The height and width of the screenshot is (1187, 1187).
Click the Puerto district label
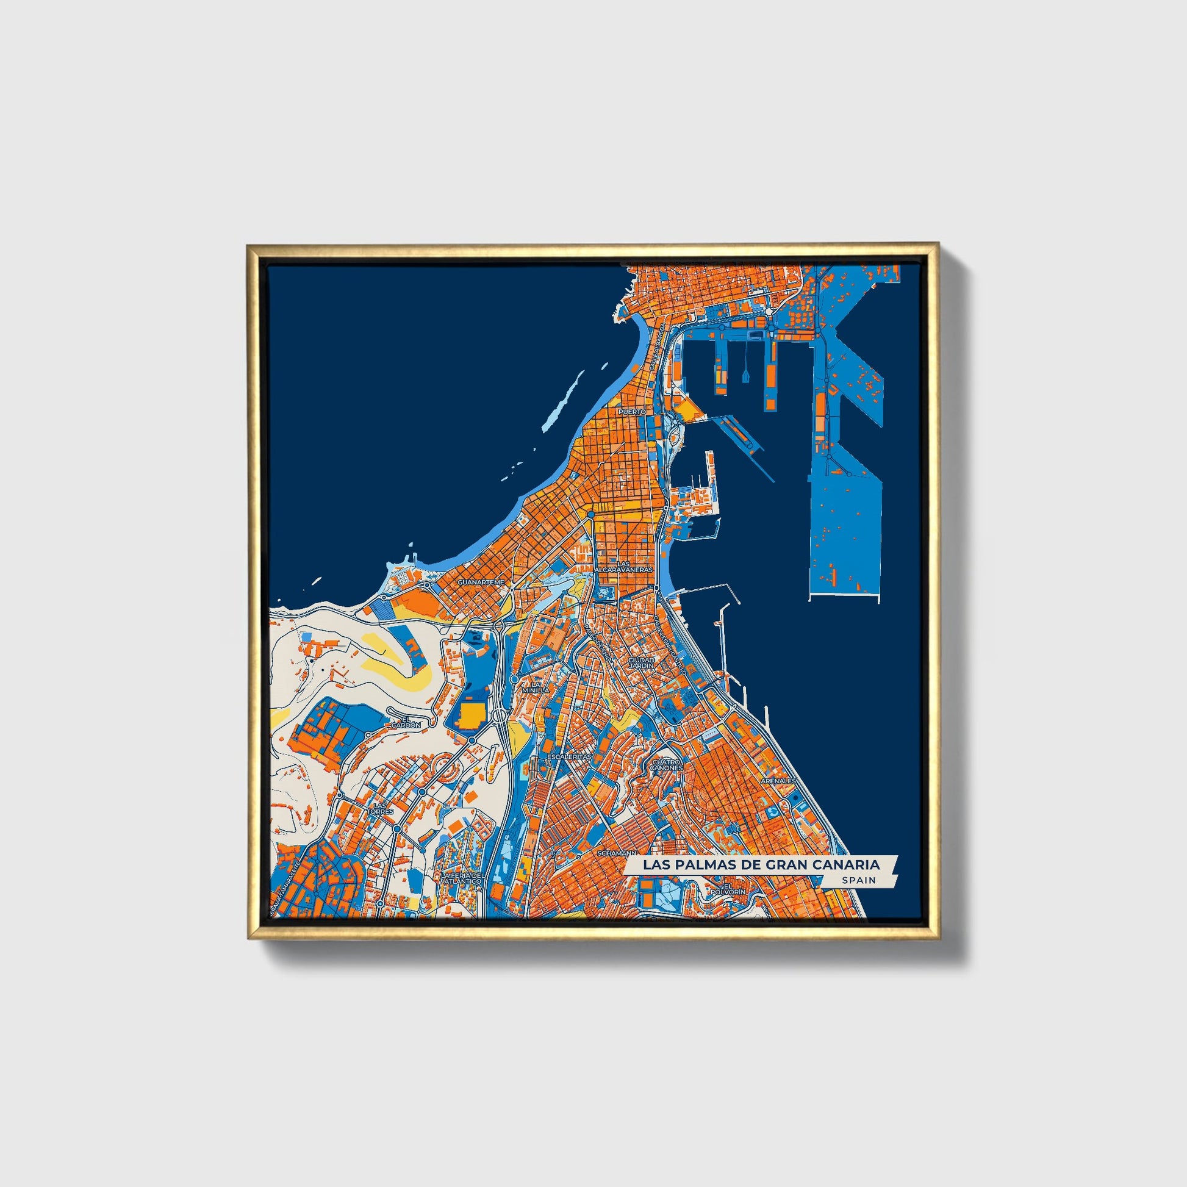point(632,412)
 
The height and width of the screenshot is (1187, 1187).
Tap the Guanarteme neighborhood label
point(481,581)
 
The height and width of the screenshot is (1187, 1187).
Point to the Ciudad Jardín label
point(641,662)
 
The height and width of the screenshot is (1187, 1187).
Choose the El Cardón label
point(406,723)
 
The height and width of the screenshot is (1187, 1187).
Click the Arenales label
point(778,781)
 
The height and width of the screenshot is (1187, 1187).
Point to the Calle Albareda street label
point(655,347)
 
